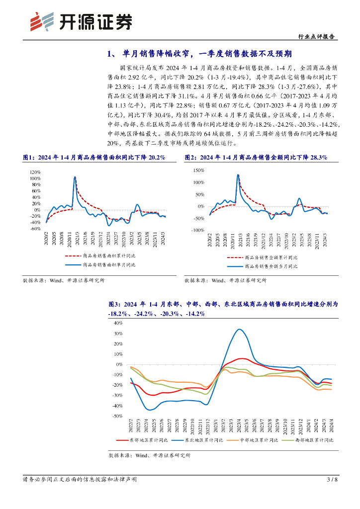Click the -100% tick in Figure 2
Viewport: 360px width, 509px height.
pos(197,230)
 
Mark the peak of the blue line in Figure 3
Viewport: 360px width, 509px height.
pos(240,329)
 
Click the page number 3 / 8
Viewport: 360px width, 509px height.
pos(332,480)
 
